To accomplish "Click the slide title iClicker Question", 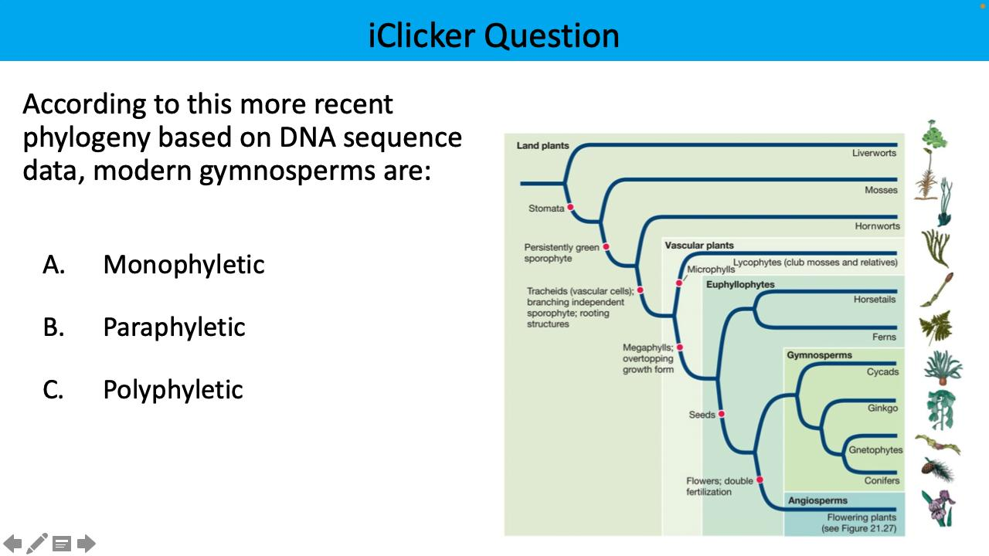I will click(x=494, y=36).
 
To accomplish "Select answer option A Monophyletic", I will click(x=183, y=265).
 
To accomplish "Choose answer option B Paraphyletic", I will click(x=174, y=327).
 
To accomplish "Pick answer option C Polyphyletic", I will click(x=173, y=390).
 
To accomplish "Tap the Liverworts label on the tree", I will click(x=874, y=153).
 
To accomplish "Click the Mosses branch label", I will click(x=881, y=190).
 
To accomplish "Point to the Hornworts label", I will click(x=877, y=226).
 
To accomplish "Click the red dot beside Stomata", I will click(x=570, y=207).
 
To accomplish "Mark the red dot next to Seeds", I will click(x=721, y=414).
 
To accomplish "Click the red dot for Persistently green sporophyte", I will click(x=607, y=247).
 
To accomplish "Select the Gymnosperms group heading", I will click(x=819, y=355).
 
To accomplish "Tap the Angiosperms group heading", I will click(x=817, y=500).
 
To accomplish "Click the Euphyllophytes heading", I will click(x=740, y=284).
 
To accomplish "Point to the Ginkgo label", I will click(x=882, y=408).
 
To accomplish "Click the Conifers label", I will click(x=882, y=480).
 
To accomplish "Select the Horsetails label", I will click(x=875, y=299).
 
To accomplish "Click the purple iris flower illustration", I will click(x=939, y=507).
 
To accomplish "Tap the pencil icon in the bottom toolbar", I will click(x=37, y=544).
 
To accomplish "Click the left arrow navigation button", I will click(x=12, y=544).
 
